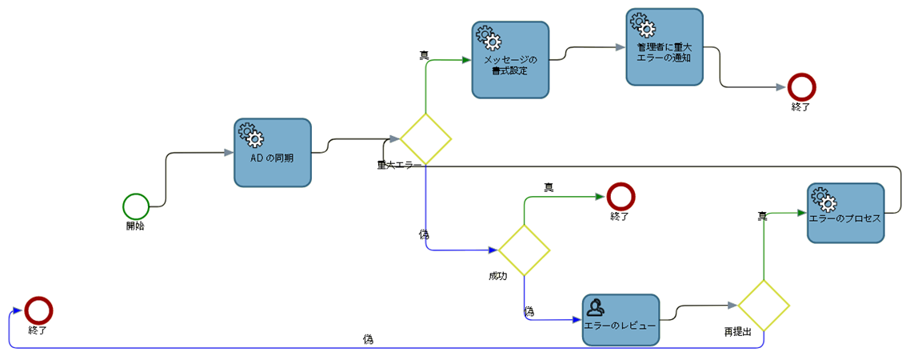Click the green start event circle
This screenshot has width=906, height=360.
tap(136, 206)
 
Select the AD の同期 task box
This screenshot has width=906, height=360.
tap(273, 153)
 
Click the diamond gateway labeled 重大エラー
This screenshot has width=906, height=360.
tap(425, 139)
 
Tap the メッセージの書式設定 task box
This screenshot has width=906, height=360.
tap(509, 60)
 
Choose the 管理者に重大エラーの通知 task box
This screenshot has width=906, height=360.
tap(664, 47)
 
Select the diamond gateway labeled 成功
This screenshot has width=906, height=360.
tap(524, 250)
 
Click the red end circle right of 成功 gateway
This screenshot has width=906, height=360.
tap(620, 196)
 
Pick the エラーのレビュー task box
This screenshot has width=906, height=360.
tap(621, 320)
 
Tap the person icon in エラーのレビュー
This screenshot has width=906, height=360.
tap(597, 306)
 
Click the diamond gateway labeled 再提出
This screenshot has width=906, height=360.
tap(763, 306)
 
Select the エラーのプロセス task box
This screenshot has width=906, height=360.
tap(845, 213)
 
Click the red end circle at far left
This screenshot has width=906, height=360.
tap(38, 310)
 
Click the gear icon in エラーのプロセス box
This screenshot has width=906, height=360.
tap(824, 197)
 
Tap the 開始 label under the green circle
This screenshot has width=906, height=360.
tap(135, 226)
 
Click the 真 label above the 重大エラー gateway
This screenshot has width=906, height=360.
tap(424, 55)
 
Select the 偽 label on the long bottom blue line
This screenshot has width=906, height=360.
tap(368, 339)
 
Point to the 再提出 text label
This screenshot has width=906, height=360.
tap(737, 331)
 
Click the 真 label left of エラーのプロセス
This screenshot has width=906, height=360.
tap(762, 216)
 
